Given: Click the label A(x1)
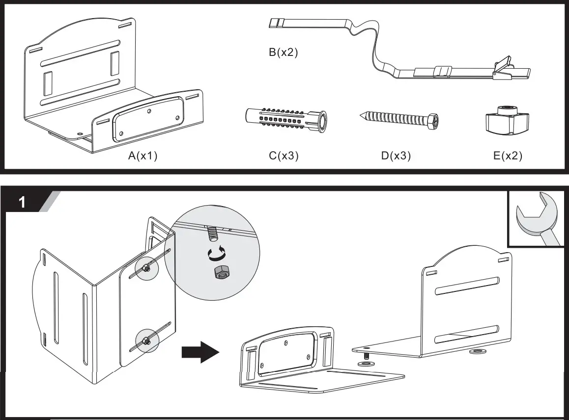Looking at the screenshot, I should point(142,156).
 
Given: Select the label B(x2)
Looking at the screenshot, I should point(284,52).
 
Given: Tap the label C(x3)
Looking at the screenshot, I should point(284,156).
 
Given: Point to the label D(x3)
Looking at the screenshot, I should point(396,156).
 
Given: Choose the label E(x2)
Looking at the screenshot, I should point(508,156).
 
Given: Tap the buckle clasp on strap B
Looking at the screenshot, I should point(502,69).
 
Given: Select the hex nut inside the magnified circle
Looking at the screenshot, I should point(220,273).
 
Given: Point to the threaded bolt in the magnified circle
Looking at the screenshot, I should point(212,233).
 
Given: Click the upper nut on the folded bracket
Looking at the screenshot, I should point(146,268).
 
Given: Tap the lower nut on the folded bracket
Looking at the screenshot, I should point(146,340).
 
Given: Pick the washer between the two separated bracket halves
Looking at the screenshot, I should point(364,364).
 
